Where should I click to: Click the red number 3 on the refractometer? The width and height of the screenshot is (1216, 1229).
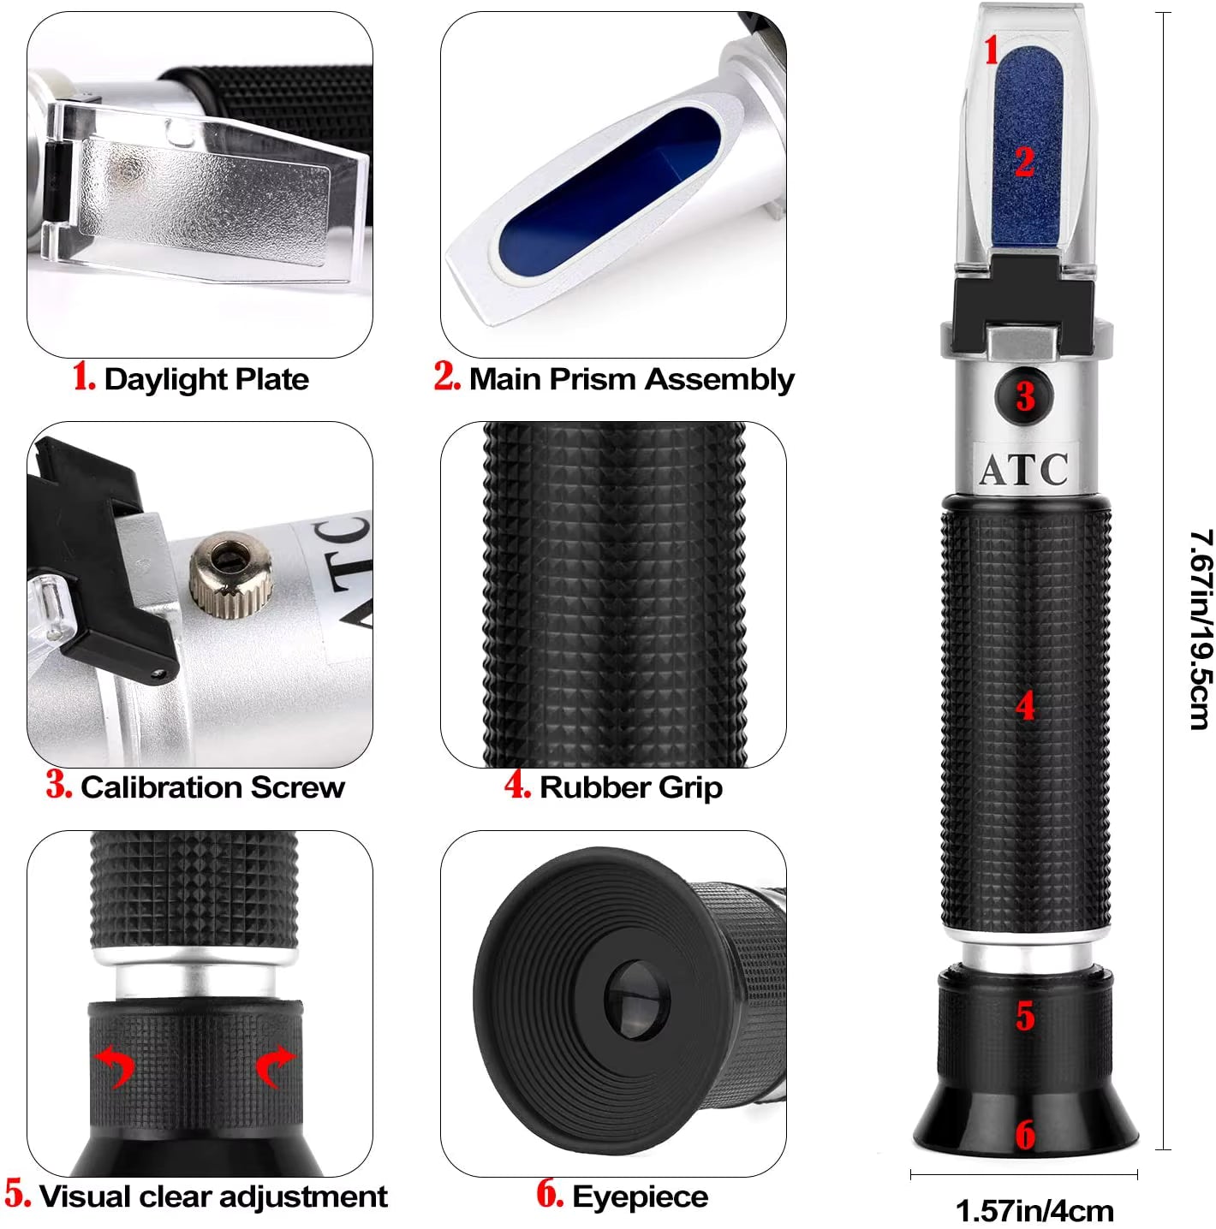point(1025,395)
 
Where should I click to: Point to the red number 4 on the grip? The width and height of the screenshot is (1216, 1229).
point(1025,707)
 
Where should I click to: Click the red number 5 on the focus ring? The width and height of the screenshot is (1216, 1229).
point(1025,1016)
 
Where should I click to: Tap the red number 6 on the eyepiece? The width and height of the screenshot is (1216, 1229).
point(1025,1135)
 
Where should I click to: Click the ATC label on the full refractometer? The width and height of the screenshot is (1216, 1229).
point(1023,469)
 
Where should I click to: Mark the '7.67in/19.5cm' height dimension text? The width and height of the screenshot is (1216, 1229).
point(1201,629)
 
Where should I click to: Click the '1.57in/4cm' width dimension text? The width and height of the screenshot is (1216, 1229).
point(1034,1211)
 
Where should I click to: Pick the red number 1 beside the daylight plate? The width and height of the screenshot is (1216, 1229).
point(992,50)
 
